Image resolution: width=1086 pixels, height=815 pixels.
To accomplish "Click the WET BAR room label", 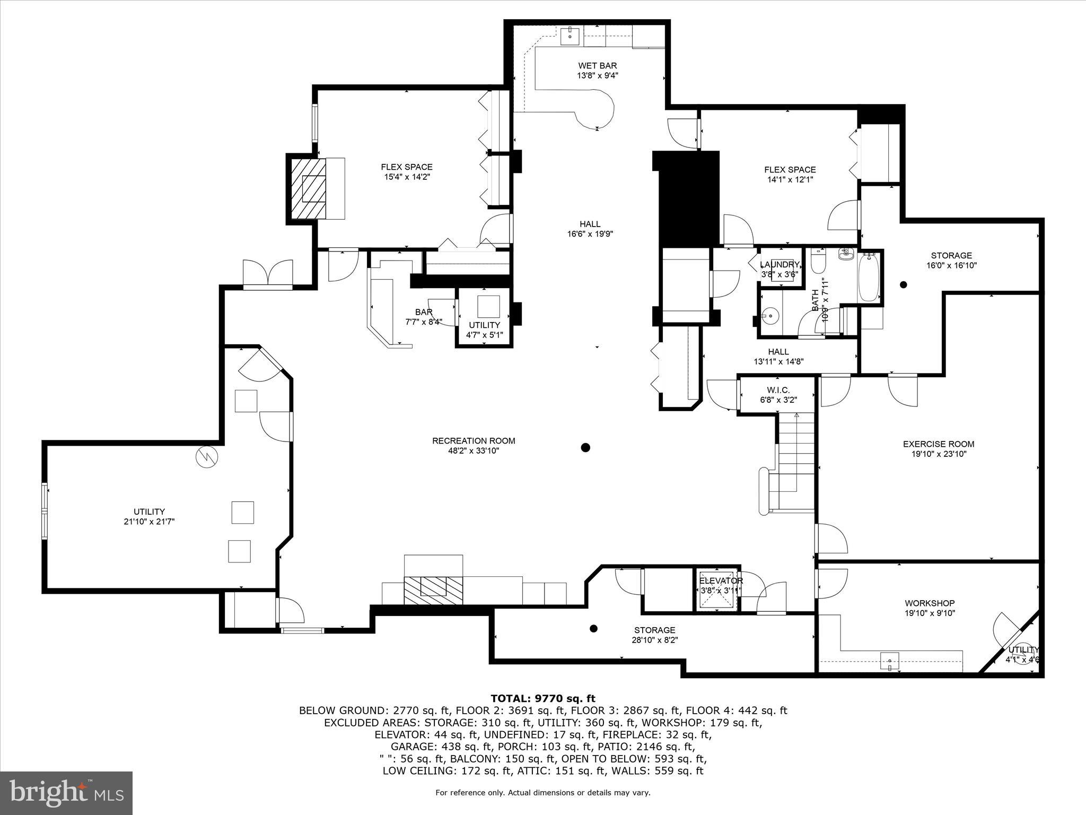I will [597, 66].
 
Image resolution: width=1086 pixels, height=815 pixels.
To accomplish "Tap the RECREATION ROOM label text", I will [474, 441].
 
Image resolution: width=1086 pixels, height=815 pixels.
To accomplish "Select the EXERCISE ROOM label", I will [938, 444].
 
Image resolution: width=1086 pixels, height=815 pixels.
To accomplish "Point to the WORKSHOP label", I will [930, 603].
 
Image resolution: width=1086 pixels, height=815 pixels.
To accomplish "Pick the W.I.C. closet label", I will [778, 390].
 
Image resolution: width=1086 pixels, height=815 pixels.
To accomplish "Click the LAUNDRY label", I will [779, 265].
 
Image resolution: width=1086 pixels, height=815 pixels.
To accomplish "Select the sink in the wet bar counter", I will [571, 36].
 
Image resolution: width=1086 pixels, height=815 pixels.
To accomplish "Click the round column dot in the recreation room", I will [585, 447].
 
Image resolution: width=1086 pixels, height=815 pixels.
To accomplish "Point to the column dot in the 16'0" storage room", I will [904, 285].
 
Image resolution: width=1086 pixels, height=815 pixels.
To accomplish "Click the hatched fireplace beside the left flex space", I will [308, 188].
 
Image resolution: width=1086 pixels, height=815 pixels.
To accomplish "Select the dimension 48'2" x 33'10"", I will [474, 451].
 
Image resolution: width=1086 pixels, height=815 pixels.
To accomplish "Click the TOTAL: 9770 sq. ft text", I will [542, 698].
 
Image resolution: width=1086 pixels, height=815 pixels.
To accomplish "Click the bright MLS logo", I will [66, 793].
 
